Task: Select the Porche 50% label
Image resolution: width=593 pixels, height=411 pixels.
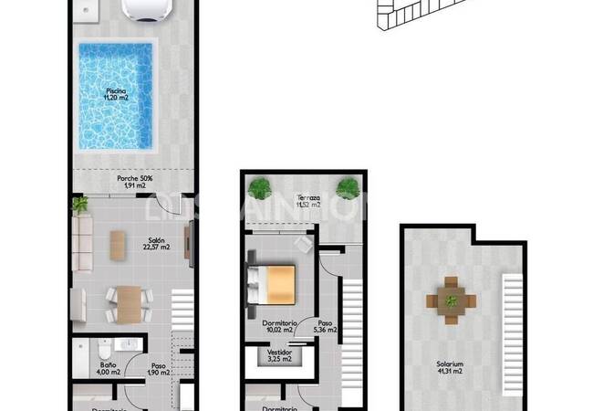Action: (134, 182)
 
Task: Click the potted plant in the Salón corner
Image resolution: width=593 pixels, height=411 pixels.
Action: (80, 204)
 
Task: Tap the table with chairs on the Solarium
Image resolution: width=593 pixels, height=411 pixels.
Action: (450, 298)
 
